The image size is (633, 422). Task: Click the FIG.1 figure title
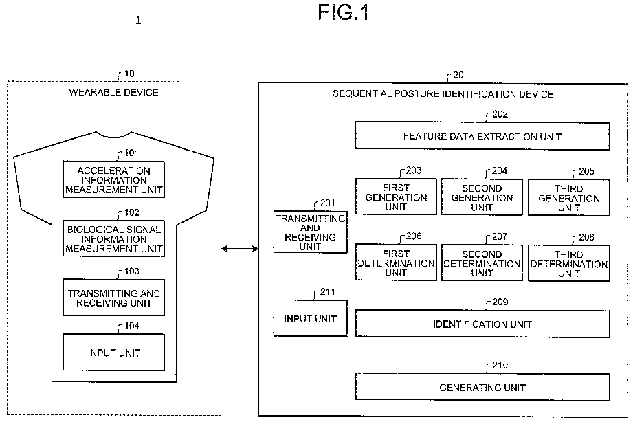[x=343, y=12]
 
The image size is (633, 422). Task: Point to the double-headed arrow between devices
[x=240, y=249]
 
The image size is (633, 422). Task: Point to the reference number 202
[x=500, y=114]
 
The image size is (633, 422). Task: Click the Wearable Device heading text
[x=114, y=92]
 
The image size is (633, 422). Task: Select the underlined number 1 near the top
[x=138, y=20]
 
